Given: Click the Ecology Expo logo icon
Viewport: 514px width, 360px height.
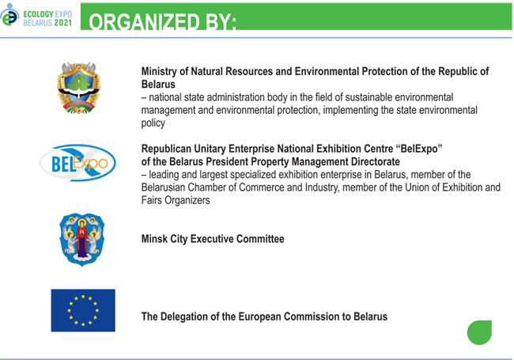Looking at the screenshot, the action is tap(9, 15).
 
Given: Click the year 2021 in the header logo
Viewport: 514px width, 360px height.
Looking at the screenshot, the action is tap(63, 23).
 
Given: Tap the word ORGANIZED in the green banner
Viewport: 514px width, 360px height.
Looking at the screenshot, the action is tap(144, 22).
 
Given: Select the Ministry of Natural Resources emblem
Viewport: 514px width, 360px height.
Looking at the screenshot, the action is tap(78, 88).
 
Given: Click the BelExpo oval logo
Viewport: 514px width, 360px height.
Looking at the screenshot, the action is tap(77, 163).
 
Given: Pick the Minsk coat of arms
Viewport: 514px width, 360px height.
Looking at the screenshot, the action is tap(82, 240).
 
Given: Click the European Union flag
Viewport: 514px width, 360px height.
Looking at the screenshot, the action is tap(83, 310).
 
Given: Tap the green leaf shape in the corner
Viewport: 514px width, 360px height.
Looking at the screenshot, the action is tap(479, 332).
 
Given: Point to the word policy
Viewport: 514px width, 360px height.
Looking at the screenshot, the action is tap(153, 123).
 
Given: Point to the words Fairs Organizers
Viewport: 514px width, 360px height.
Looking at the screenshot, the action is tap(176, 200).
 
